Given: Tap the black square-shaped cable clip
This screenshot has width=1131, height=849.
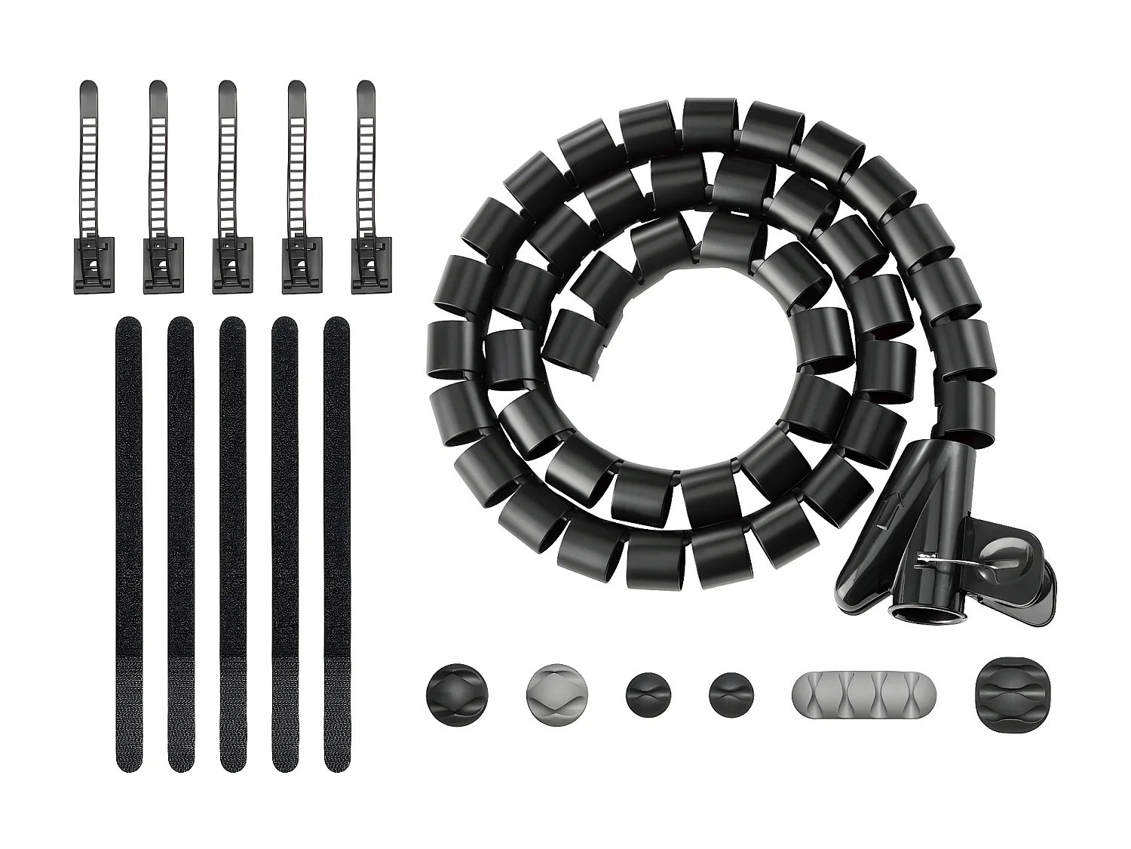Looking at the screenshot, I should coord(1005,693).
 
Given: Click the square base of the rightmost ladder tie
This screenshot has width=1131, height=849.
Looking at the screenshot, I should coord(372,266).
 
